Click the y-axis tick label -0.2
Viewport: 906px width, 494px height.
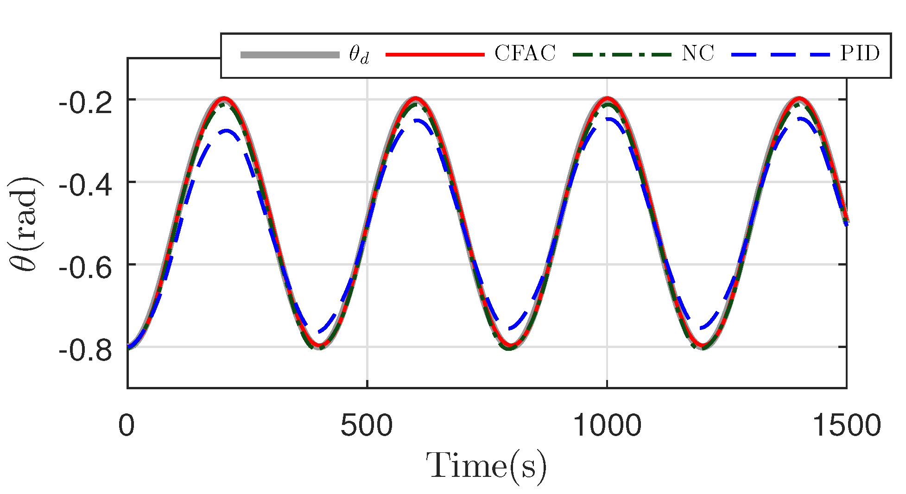85,103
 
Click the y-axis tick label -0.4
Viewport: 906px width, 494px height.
85,186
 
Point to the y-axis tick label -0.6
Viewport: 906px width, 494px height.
85,268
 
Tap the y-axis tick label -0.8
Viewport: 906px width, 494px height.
85,351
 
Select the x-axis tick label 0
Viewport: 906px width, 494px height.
126,425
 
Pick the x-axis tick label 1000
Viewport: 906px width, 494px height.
607,425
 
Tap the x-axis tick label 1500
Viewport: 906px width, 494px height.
846,425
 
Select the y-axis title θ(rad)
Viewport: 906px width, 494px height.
27,223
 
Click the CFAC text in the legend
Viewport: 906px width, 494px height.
525,54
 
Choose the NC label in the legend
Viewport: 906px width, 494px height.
697,54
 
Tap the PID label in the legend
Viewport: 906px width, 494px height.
860,54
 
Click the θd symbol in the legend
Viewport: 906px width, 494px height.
359,56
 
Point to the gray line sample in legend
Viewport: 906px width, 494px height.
290,55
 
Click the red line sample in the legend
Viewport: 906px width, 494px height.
435,55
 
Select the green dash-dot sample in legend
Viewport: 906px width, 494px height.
622,55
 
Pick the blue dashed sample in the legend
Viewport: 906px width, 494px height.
781,55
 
